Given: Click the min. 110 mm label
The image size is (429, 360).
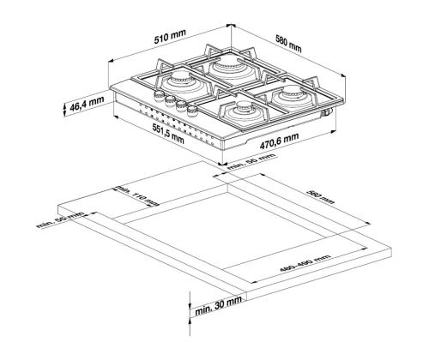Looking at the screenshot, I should [137, 196].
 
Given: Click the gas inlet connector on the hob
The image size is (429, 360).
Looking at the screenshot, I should [327, 112].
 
